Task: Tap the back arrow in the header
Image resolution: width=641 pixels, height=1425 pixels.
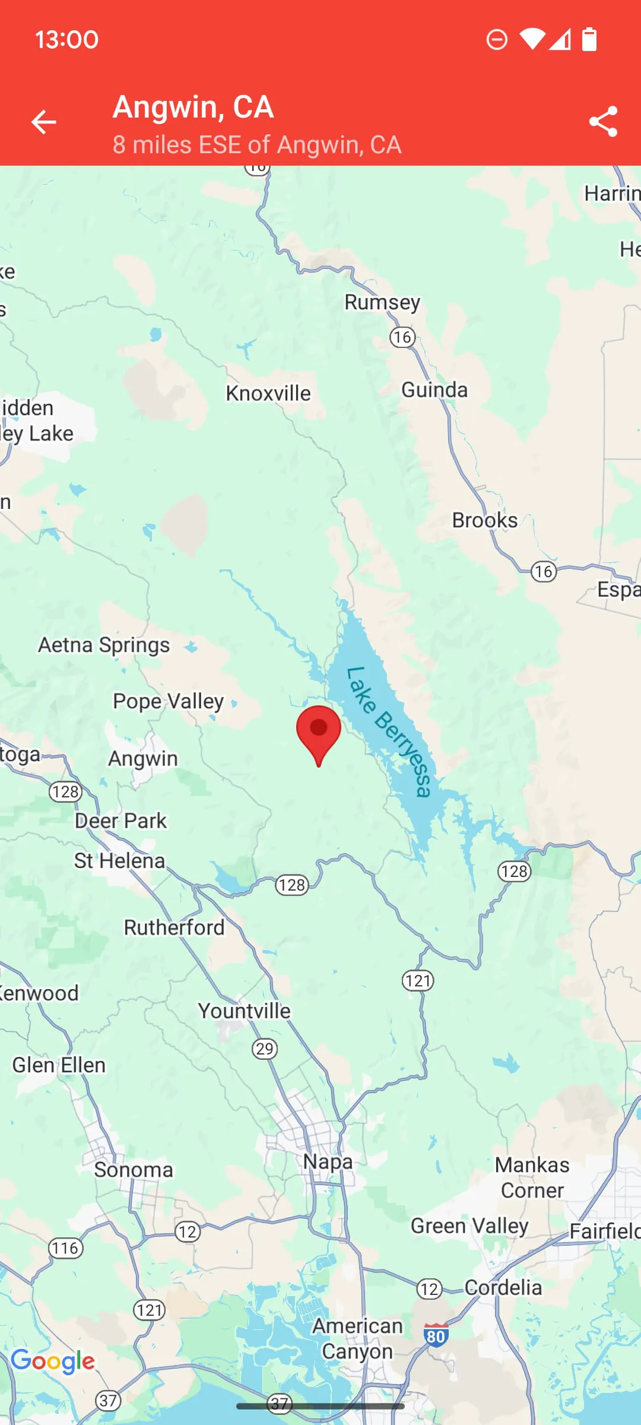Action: click(43, 122)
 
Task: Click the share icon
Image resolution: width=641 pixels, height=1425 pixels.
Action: click(603, 122)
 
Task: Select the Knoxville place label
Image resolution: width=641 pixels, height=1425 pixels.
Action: click(268, 393)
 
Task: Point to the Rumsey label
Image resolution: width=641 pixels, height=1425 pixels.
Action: click(382, 302)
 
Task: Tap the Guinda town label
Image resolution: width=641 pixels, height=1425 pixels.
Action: click(434, 390)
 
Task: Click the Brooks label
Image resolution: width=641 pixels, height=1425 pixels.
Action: click(485, 520)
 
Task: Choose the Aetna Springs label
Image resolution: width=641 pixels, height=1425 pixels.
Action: click(104, 645)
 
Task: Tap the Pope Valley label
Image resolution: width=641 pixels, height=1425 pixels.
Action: click(168, 701)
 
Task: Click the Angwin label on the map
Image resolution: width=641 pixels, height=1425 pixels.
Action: click(143, 759)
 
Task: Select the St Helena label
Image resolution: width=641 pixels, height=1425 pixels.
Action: click(119, 861)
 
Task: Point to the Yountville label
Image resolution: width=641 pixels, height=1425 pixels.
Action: click(244, 1011)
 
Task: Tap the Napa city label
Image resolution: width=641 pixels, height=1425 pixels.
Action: click(328, 1161)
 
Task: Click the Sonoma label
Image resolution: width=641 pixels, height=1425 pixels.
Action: click(134, 1170)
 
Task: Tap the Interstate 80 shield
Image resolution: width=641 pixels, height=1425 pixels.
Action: click(436, 1336)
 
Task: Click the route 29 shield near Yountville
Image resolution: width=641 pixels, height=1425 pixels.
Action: click(265, 1049)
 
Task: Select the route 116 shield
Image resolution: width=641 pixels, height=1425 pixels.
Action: click(65, 1248)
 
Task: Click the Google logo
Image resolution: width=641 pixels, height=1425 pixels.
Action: click(53, 1361)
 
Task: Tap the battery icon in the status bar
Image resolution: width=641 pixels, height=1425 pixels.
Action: click(589, 39)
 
